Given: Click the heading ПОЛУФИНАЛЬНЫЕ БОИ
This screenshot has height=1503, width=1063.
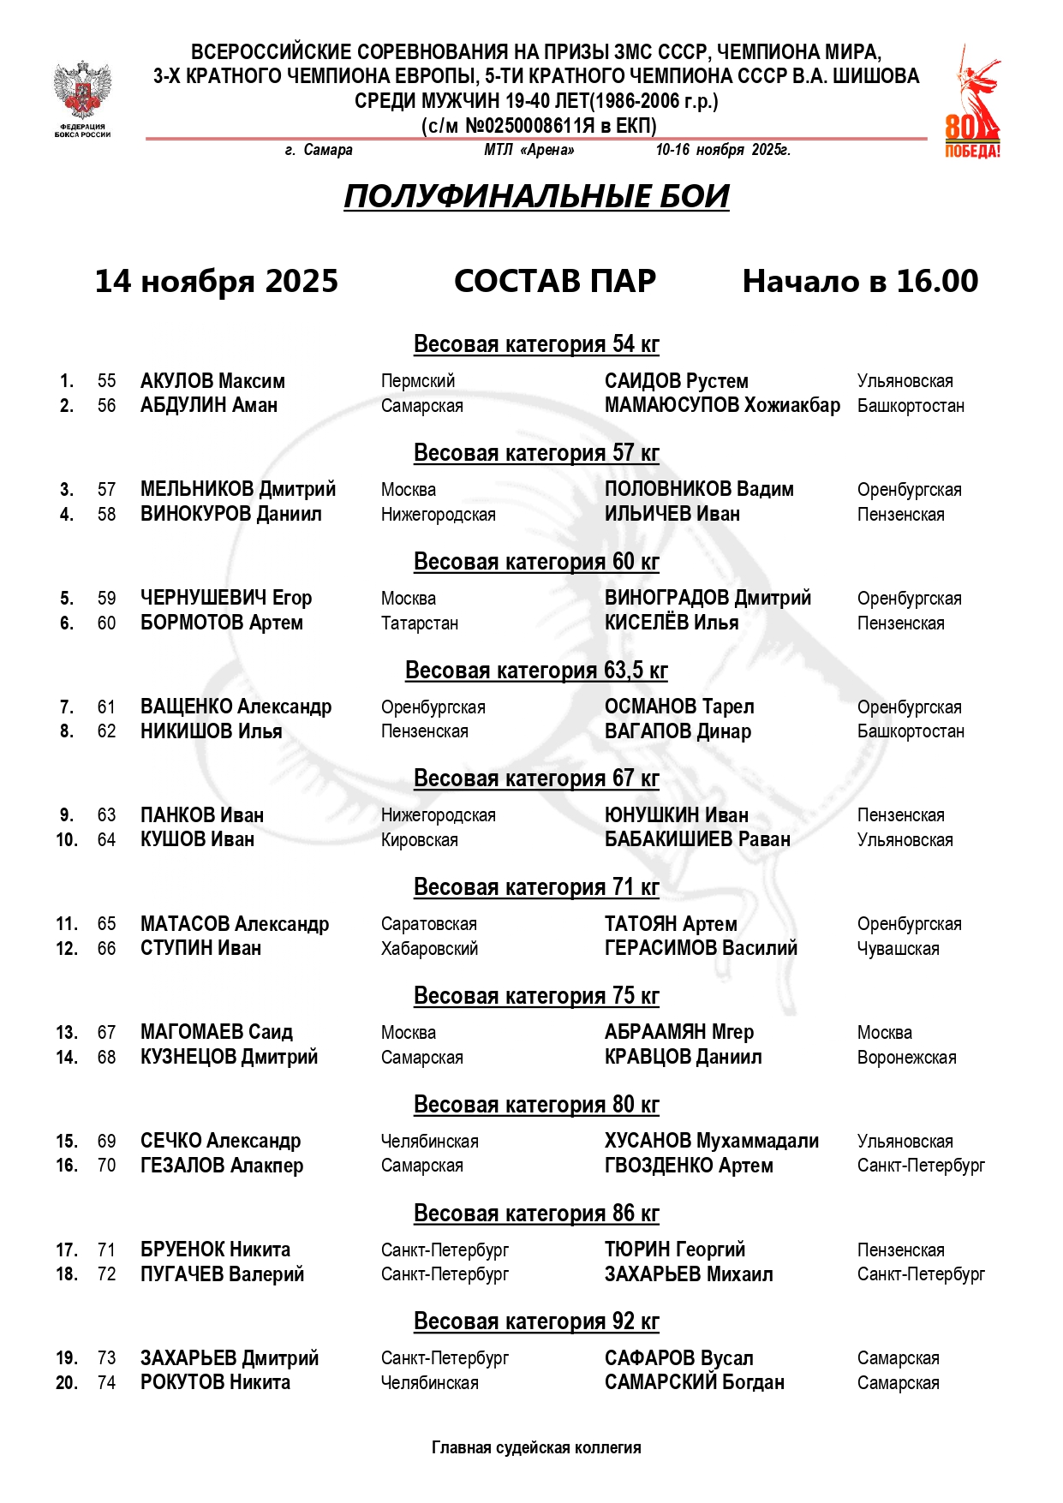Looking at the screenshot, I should click(536, 196).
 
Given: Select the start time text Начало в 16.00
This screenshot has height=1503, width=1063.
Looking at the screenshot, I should click(860, 281).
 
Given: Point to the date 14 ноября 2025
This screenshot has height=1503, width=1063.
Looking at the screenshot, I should click(216, 281).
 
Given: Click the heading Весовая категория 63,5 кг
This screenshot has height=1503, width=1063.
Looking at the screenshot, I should click(536, 670).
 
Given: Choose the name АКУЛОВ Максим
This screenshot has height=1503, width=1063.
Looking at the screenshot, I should click(212, 381).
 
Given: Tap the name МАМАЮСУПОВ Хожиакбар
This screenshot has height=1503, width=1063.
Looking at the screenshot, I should click(722, 405).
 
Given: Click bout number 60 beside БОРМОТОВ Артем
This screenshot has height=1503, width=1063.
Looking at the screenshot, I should click(106, 623).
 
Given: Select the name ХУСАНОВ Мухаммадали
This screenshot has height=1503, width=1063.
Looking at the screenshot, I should click(711, 1141).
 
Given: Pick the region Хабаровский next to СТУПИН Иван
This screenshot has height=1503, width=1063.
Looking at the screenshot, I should click(429, 948).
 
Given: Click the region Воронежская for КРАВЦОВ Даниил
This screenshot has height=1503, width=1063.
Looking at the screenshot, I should click(906, 1057).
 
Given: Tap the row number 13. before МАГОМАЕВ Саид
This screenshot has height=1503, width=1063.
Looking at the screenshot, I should click(67, 1032).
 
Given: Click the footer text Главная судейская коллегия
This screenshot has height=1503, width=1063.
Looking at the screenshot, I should click(536, 1447).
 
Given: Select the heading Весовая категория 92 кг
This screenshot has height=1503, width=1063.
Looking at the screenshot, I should click(536, 1321).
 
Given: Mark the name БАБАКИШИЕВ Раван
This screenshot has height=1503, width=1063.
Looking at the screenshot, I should click(697, 839).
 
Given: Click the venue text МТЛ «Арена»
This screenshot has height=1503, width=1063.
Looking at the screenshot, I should click(529, 150).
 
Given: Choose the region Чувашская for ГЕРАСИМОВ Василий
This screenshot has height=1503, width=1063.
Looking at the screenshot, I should click(898, 948).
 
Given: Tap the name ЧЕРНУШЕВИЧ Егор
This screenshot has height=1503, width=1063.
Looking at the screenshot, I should click(226, 598).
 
